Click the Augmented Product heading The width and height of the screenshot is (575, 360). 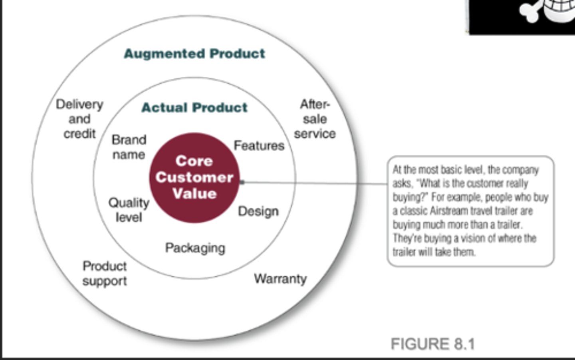tap(194, 54)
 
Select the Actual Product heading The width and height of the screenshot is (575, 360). tap(194, 107)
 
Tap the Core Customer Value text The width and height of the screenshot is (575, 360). tap(194, 177)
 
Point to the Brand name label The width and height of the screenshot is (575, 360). tap(129, 147)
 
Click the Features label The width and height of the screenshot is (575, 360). tap(259, 145)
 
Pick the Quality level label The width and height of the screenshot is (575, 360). tap(129, 210)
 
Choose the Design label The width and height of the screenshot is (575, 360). tap(258, 211)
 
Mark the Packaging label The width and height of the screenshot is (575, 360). tap(195, 248)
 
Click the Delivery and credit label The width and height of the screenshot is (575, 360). tap(79, 119)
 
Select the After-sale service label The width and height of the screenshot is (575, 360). tap(315, 119)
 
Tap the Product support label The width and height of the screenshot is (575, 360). tap(105, 273)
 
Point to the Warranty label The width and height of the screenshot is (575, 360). tap(280, 278)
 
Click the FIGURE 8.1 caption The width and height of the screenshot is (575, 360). tap(433, 344)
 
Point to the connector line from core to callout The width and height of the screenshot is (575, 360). tap(315, 183)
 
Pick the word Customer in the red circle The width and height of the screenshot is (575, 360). tap(194, 177)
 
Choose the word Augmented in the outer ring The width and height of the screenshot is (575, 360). tap(165, 54)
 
